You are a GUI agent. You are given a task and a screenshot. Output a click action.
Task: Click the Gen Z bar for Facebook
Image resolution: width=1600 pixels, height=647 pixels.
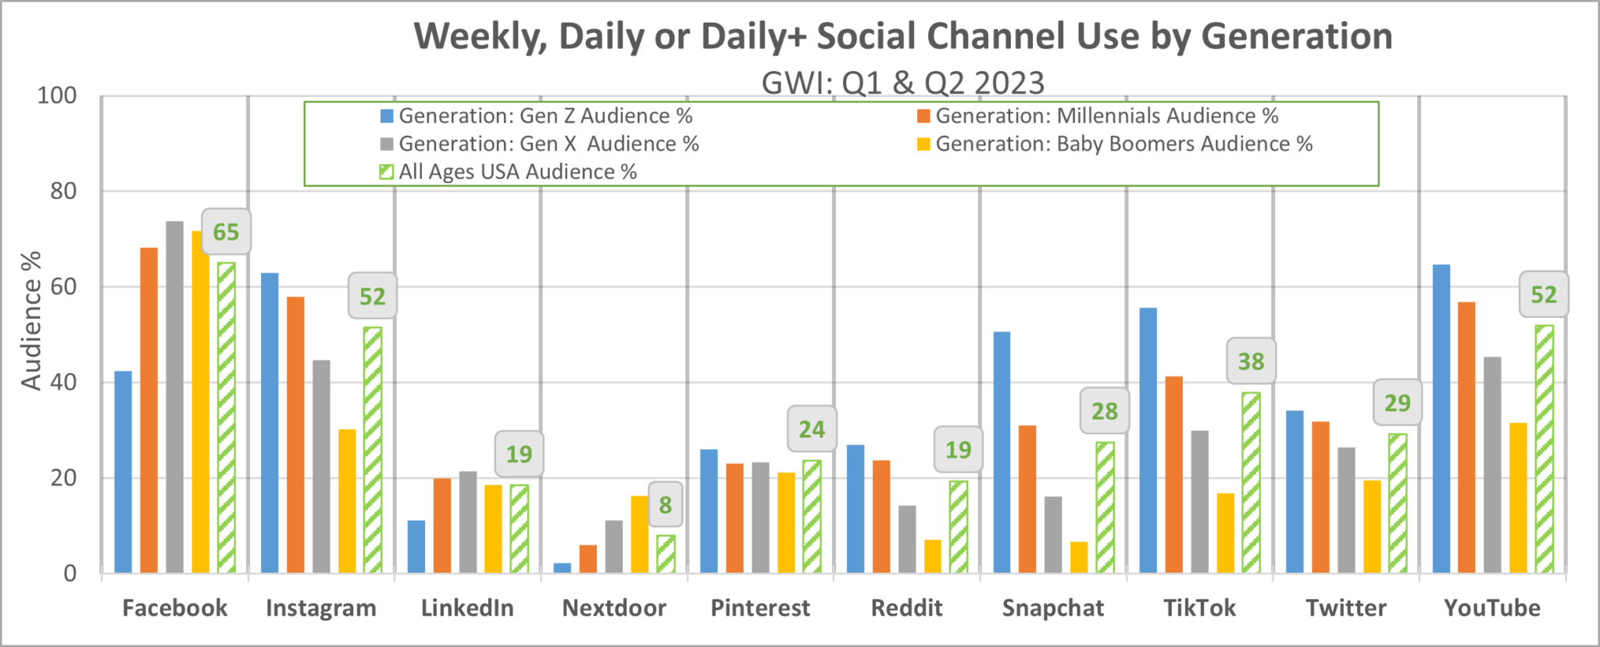[x=123, y=472]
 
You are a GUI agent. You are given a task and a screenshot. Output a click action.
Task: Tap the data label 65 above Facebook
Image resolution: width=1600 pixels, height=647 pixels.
[x=226, y=232]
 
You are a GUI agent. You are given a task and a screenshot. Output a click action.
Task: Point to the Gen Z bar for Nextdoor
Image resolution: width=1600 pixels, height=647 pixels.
[x=562, y=568]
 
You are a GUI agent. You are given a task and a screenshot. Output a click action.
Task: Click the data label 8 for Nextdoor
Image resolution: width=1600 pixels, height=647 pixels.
[x=665, y=505]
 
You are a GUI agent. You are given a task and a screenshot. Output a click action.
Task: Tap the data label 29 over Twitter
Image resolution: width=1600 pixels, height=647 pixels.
[x=1397, y=403]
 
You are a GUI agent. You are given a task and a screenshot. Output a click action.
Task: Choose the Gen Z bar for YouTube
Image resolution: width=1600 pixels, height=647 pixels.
[x=1441, y=419]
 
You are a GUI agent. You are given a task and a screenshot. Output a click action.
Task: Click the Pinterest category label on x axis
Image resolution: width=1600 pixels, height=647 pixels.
[x=760, y=608]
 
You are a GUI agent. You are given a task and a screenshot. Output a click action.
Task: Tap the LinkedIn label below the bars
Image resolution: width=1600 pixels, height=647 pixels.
[x=467, y=608]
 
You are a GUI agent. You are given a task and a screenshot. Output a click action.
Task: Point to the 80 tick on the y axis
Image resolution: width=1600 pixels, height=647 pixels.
[x=63, y=191]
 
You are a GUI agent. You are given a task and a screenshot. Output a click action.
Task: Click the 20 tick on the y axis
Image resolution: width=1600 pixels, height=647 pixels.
[x=63, y=478]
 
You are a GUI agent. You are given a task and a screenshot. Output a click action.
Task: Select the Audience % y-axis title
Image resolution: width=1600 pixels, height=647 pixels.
[x=30, y=321]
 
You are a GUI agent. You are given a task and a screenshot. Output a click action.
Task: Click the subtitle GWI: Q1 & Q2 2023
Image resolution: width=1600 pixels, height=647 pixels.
[x=902, y=83]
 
